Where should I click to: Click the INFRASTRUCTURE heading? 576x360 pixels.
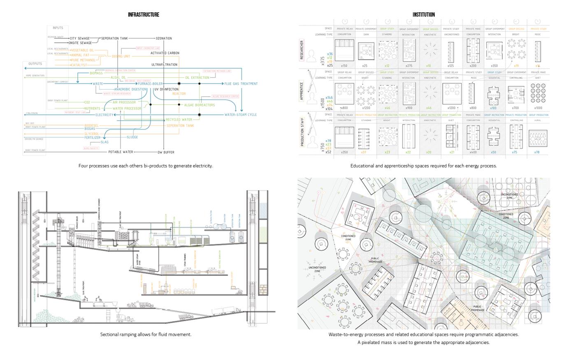143,15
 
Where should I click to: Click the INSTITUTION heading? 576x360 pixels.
423,15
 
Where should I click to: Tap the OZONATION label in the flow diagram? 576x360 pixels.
164,38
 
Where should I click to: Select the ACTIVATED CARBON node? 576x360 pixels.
165,53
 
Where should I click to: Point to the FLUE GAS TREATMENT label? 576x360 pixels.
241,84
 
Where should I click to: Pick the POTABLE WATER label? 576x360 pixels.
121,152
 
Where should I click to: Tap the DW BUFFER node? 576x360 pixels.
166,152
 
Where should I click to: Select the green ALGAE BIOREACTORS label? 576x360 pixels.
199,105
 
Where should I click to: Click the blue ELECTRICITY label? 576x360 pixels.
104,115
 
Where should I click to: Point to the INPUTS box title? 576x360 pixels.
58,28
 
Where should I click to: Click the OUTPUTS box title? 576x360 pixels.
35,64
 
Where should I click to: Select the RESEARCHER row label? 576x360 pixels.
302,50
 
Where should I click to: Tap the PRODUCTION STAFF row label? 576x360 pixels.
302,132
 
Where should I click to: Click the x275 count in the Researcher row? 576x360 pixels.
409,66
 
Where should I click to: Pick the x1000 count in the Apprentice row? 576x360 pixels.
537,108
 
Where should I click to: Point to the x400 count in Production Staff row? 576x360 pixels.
473,152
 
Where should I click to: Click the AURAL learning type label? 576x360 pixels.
538,121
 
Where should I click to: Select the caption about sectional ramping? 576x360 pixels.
146,334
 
